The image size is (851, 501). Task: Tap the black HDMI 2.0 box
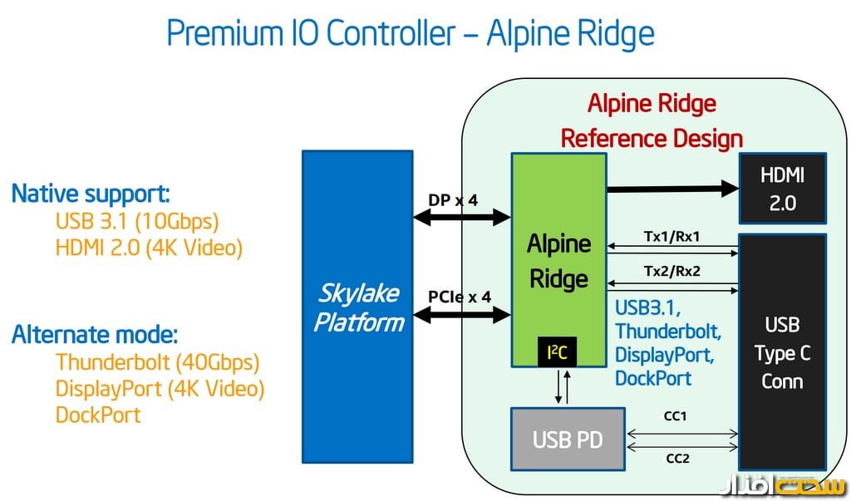782,188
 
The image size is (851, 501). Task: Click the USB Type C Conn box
782,353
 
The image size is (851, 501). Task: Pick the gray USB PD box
567,440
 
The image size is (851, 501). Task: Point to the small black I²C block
556,353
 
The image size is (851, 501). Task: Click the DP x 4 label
453,200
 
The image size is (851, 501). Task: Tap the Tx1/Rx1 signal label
671,237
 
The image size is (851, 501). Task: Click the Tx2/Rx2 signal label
671,271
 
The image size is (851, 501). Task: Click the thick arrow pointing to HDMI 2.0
672,189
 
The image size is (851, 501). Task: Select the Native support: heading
90,194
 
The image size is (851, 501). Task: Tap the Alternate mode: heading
94,335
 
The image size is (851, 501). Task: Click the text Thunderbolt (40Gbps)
158,362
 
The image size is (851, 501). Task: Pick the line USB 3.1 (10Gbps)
136,221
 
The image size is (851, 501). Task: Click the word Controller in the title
390,33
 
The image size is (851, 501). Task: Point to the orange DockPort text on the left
98,415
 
